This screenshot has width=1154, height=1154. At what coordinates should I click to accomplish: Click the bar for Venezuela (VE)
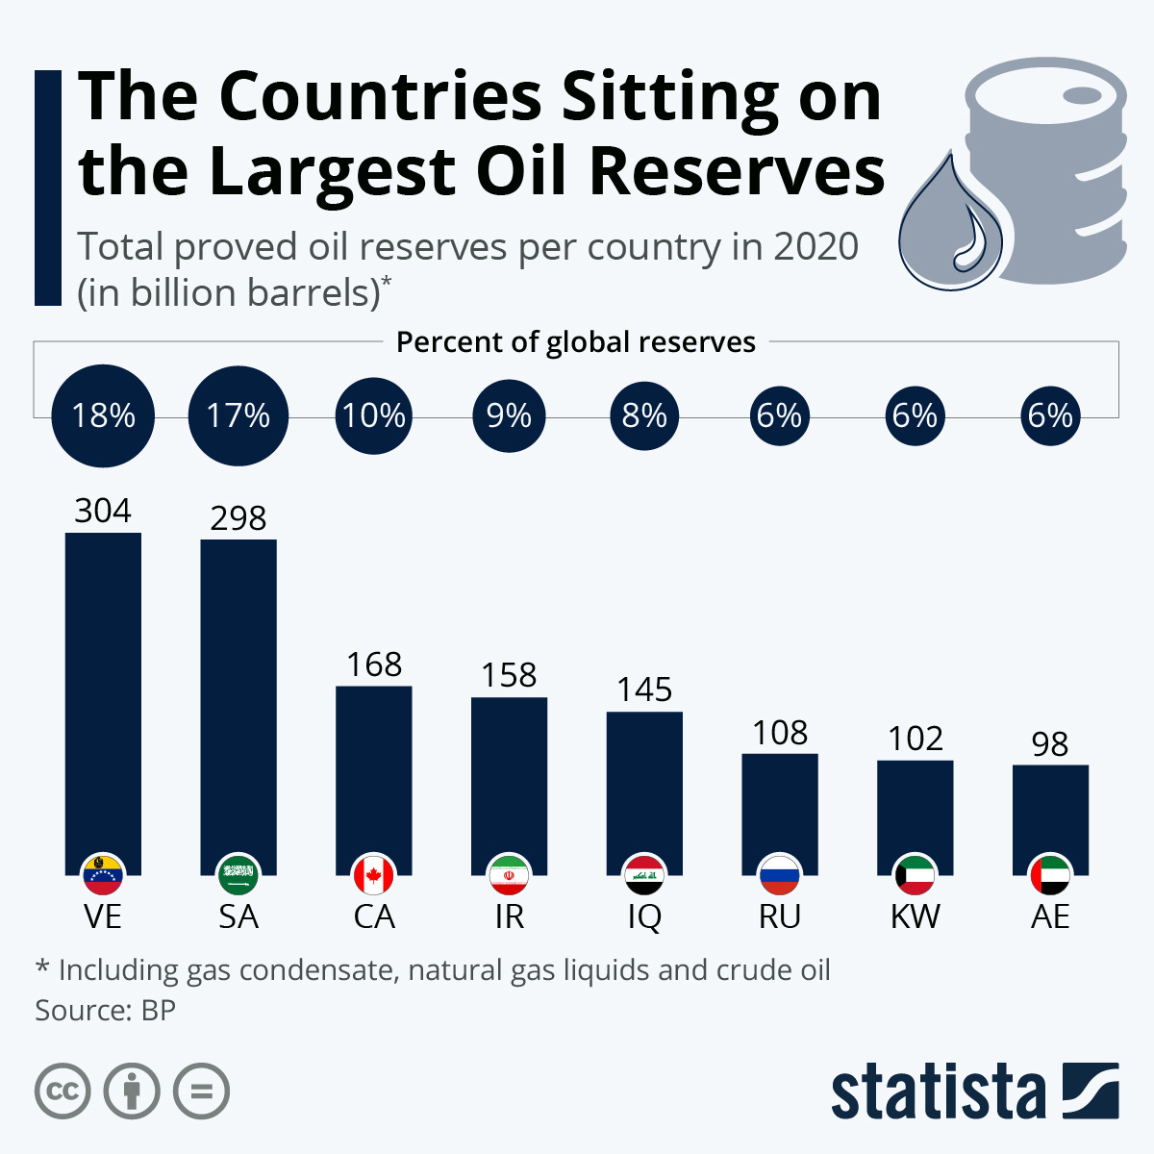tap(103, 692)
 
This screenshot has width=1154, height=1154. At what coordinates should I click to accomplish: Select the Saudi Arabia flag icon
tap(238, 874)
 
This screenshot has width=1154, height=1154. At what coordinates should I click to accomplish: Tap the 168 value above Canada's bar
tap(374, 665)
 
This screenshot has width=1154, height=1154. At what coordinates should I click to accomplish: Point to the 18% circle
tap(104, 415)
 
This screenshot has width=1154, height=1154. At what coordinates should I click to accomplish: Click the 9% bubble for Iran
tap(509, 415)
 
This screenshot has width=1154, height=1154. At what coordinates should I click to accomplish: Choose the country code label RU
tap(780, 916)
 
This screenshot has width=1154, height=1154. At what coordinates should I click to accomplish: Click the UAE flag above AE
tap(1050, 874)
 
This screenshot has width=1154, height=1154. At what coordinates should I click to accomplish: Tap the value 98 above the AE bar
tap(1050, 743)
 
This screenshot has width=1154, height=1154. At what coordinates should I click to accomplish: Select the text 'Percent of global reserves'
tap(576, 342)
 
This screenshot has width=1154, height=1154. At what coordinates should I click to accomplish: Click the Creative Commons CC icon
tap(63, 1091)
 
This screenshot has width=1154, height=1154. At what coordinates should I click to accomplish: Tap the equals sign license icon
tap(201, 1091)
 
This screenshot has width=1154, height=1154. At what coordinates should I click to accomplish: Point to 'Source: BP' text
tap(106, 1011)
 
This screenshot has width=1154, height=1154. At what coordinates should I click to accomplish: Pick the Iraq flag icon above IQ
tap(644, 874)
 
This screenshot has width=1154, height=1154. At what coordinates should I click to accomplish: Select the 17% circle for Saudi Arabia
tap(238, 415)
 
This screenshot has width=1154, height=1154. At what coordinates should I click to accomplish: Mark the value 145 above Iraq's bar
tap(644, 690)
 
